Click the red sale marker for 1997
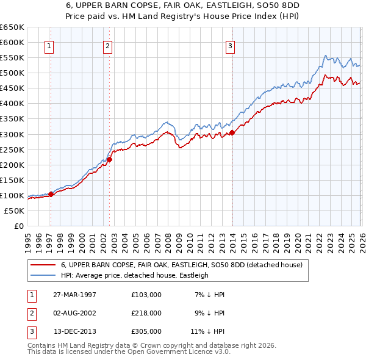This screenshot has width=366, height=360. pos(51,194)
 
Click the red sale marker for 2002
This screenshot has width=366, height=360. pos(110,159)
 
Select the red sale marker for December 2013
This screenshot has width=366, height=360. pos(232,132)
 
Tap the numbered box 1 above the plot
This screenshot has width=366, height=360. pos(48,45)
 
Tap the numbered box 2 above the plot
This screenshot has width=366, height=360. pos(107,45)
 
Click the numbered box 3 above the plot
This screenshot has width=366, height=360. pos(231,45)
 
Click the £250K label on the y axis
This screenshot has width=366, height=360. pos(12,149)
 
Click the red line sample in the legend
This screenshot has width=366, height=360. pos(43,265)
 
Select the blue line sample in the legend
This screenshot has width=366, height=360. pos(43,276)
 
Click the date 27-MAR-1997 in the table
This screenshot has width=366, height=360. pos(75,295)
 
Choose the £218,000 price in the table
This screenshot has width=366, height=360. pos(146,313)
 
